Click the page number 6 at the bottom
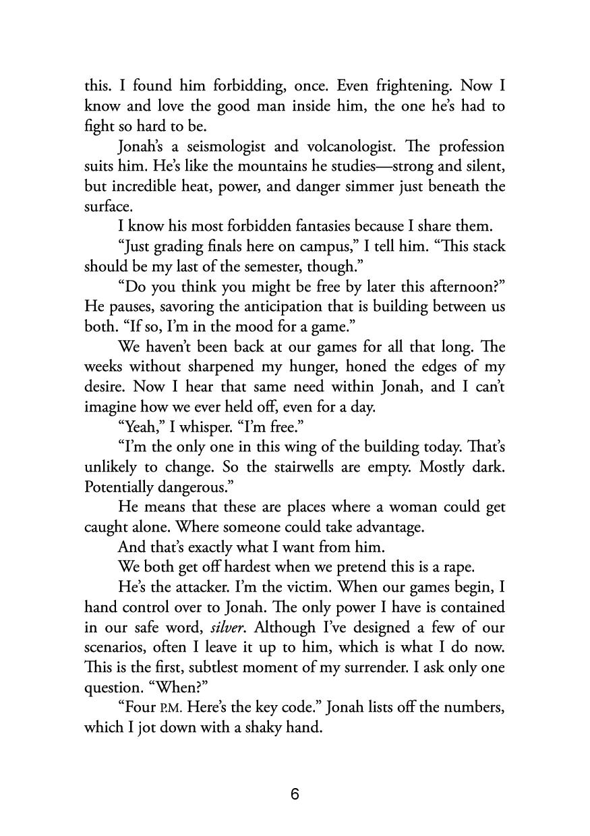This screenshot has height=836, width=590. pyautogui.click(x=295, y=794)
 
